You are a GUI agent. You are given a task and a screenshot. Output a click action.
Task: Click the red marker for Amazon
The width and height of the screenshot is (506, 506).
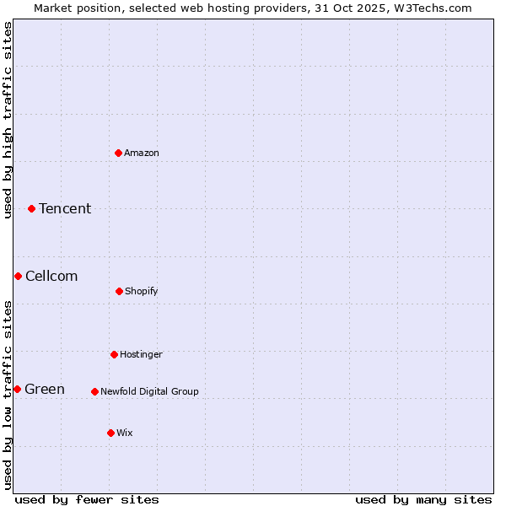point(119,153)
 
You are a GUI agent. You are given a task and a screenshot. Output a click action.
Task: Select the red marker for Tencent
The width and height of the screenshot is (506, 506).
point(32,208)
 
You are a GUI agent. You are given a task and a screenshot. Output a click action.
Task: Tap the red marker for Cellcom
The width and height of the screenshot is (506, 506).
point(18,276)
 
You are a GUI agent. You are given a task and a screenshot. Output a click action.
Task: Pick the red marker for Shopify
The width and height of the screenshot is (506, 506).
point(119,291)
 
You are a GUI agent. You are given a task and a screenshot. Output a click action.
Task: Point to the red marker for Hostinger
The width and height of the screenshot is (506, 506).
point(114,354)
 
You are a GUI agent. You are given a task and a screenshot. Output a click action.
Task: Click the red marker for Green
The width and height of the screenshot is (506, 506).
point(17,389)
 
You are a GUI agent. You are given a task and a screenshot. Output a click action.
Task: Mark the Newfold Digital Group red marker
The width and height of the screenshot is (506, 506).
point(94,391)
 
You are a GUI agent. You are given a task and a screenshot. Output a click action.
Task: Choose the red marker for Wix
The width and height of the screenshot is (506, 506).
point(110,433)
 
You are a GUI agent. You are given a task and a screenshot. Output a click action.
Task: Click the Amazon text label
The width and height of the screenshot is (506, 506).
point(142,153)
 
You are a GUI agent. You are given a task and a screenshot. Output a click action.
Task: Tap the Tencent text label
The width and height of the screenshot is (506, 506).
point(65,208)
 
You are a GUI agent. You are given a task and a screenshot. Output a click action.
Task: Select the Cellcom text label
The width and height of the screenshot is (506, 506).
point(51,276)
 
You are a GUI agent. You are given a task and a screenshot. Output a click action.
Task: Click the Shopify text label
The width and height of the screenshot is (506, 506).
point(142,291)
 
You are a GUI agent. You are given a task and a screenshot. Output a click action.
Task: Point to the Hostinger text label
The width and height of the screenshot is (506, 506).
point(141,354)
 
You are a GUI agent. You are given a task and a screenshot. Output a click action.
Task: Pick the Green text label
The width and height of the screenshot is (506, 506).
point(45,389)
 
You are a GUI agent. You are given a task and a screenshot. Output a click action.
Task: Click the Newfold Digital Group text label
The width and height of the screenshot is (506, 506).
point(149,391)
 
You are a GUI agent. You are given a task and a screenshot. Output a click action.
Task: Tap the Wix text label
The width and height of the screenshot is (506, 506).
point(125,433)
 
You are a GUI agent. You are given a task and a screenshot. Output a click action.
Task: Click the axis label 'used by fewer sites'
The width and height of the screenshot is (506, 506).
point(87,499)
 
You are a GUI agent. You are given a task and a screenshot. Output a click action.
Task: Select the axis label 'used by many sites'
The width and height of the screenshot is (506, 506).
point(423,499)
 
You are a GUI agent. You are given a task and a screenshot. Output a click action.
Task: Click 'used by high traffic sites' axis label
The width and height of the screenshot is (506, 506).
point(8,120)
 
